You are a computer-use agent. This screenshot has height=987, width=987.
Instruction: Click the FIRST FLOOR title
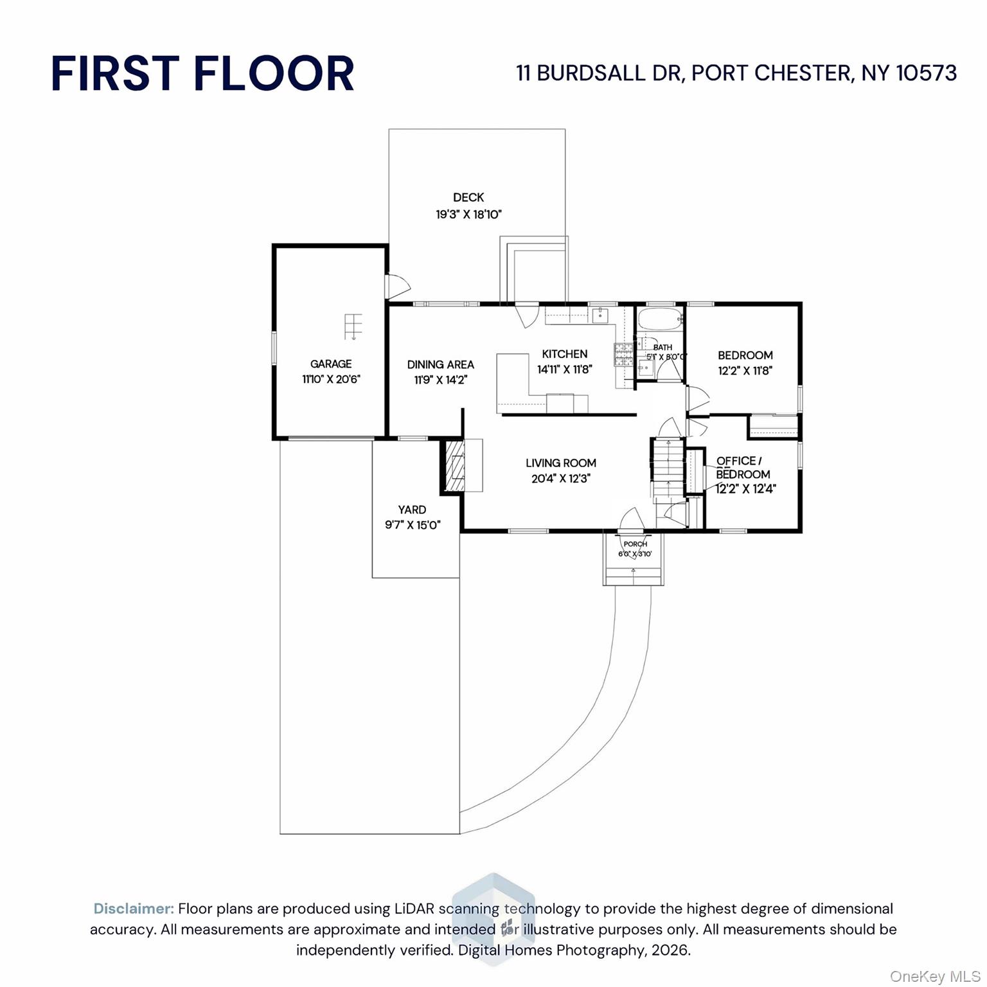pyautogui.click(x=202, y=73)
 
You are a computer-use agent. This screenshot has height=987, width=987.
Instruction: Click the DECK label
pyautogui.click(x=468, y=198)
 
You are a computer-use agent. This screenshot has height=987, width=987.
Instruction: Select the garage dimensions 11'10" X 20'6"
pyautogui.click(x=332, y=379)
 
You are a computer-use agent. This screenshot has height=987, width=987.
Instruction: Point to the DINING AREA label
pyautogui.click(x=441, y=364)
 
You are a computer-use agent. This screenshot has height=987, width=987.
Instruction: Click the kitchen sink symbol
pyautogui.click(x=600, y=315)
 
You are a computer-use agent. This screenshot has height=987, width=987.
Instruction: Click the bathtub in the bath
pyautogui.click(x=660, y=318)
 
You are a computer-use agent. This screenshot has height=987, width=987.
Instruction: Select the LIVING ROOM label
pyautogui.click(x=561, y=463)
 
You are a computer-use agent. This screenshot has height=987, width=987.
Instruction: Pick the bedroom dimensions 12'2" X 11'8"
pyautogui.click(x=745, y=371)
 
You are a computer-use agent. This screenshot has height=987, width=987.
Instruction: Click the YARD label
pyautogui.click(x=412, y=510)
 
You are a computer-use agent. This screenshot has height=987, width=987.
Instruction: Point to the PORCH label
pyautogui.click(x=635, y=544)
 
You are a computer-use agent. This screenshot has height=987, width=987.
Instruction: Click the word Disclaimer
pyautogui.click(x=134, y=909)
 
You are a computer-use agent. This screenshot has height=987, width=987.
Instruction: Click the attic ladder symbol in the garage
pyautogui.click(x=353, y=326)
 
